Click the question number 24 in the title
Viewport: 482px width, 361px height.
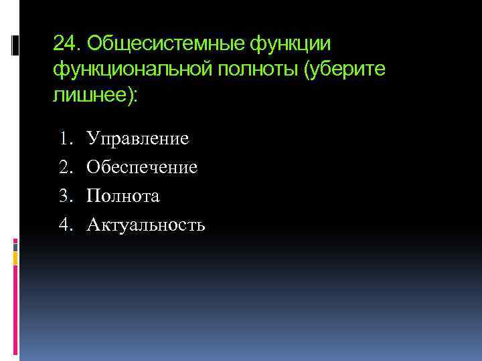point(64,44)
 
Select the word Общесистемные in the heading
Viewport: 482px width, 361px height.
point(164,44)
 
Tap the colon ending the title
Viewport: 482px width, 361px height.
point(137,95)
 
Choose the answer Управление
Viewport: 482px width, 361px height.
point(143,138)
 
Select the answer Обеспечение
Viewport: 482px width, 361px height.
point(147,167)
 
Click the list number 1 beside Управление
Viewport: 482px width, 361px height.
point(65,138)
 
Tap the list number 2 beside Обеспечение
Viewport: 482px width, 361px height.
point(65,167)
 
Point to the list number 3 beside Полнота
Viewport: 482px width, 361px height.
point(65,196)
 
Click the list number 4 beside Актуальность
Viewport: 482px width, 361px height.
point(65,225)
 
